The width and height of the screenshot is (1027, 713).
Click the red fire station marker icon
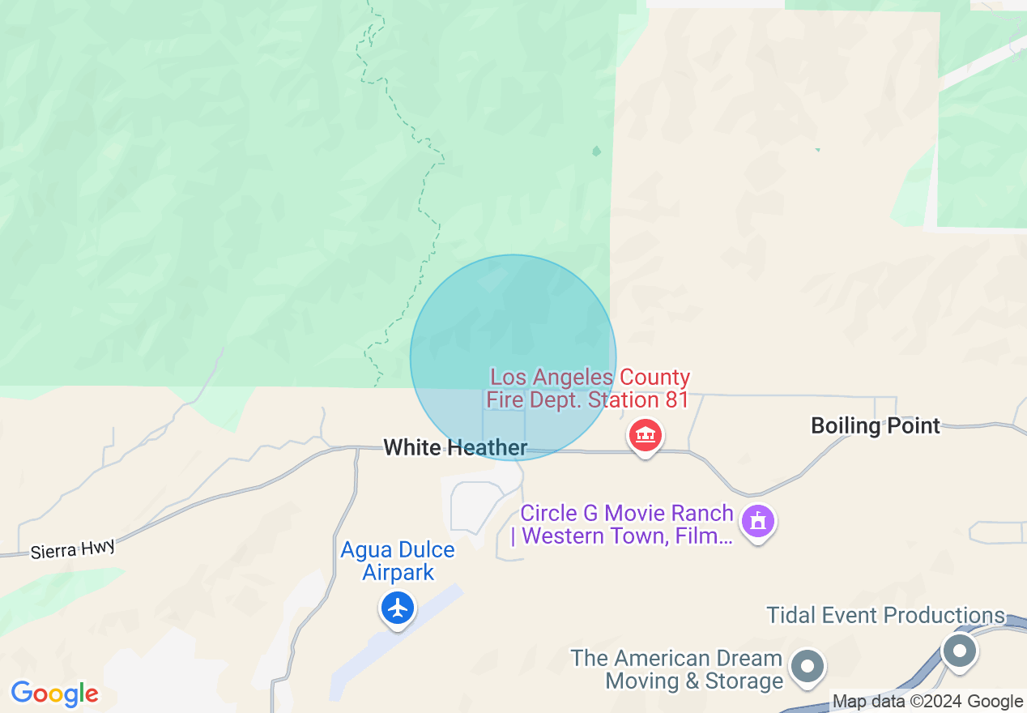(x=645, y=436)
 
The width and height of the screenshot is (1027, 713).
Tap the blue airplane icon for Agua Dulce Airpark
(x=397, y=607)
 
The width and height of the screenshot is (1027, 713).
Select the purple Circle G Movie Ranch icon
(x=758, y=520)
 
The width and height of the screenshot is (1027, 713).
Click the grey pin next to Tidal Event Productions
(x=960, y=650)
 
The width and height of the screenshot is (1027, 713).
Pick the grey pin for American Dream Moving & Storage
(x=807, y=667)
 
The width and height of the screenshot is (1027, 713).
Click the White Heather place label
(x=455, y=447)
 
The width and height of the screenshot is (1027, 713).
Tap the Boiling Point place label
(x=876, y=426)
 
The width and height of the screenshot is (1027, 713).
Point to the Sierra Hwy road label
(x=73, y=550)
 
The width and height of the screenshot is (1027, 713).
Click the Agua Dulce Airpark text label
(x=398, y=561)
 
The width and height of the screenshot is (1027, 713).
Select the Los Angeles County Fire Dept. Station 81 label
(x=589, y=389)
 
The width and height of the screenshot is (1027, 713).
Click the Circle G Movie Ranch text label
(x=626, y=524)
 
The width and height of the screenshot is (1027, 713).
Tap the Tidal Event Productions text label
(x=885, y=616)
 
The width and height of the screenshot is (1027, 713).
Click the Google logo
(x=54, y=694)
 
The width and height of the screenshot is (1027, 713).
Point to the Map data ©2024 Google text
(x=927, y=702)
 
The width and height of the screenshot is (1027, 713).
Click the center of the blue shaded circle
(x=513, y=357)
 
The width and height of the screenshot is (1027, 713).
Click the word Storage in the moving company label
(x=744, y=681)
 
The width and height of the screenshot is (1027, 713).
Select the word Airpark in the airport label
(x=398, y=572)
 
